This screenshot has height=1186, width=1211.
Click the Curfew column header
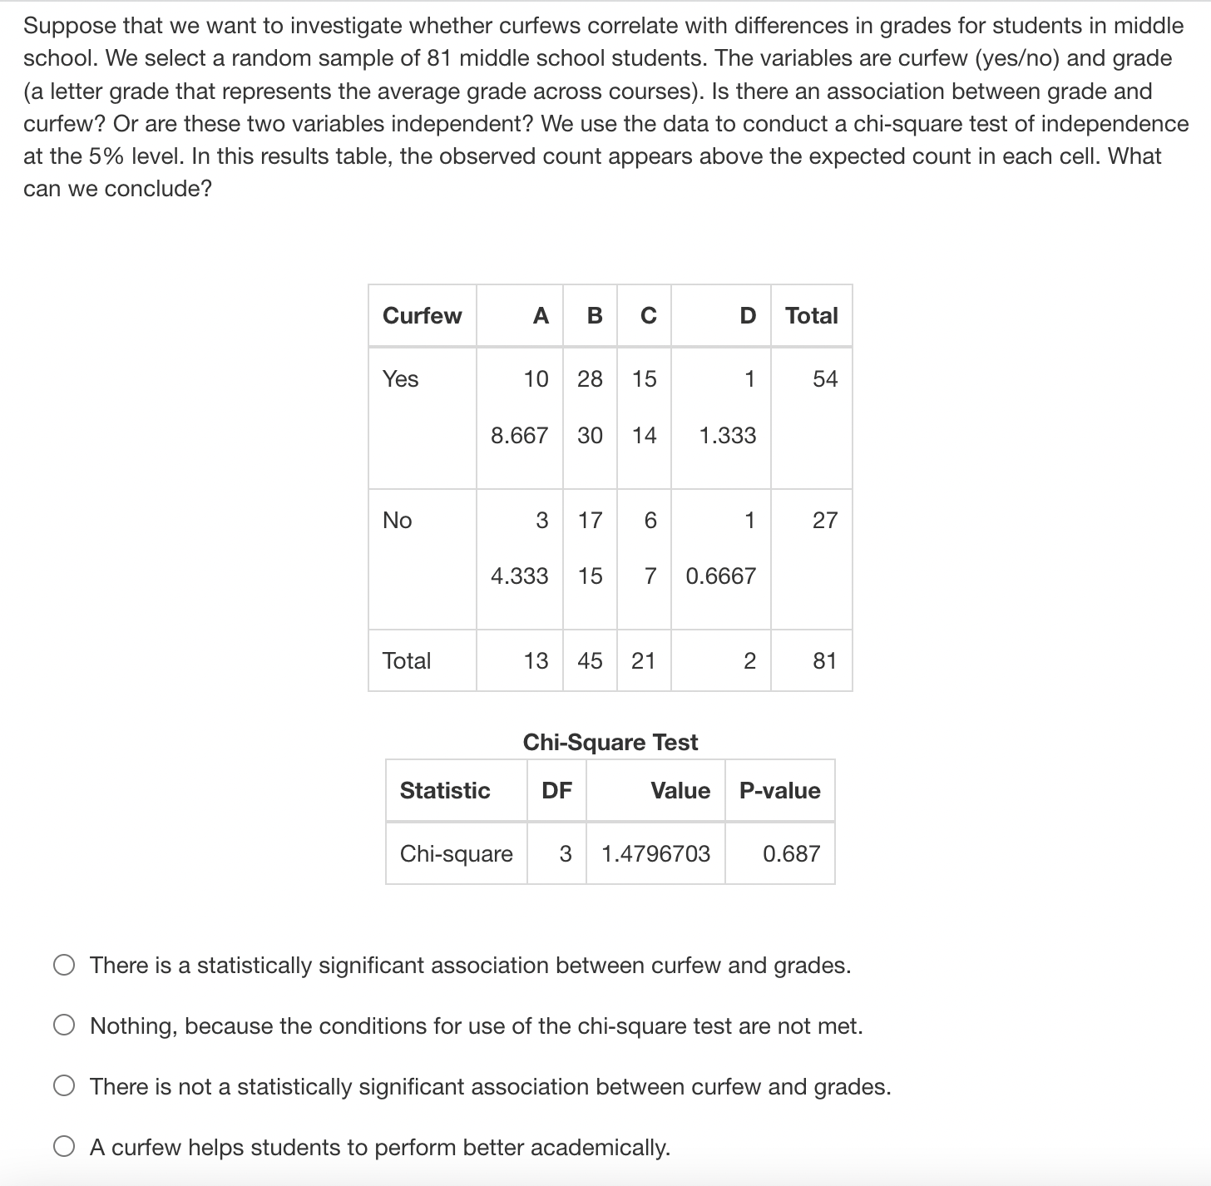[x=422, y=316]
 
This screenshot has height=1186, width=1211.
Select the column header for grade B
[x=594, y=316]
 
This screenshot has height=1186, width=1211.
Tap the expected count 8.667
[x=519, y=435]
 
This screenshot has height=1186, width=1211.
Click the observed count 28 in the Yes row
[x=590, y=379]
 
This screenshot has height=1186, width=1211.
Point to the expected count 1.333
[x=728, y=435]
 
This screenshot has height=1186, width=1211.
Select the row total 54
[x=824, y=379]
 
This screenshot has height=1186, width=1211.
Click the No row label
[x=398, y=521]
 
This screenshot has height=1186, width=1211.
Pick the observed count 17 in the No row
[x=590, y=521]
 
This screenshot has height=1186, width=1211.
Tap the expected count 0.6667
[x=720, y=576]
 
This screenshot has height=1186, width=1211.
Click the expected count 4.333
[x=519, y=576]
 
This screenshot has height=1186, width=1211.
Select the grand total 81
[x=824, y=661]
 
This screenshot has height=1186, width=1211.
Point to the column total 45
[x=590, y=661]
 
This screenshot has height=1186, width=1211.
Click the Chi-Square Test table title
[x=610, y=742]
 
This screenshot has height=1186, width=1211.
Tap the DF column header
[x=556, y=791]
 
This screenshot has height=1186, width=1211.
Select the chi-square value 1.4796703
[x=655, y=854]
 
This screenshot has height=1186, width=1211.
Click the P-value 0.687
[x=791, y=854]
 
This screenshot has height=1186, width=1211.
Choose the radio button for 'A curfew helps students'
[x=65, y=1148]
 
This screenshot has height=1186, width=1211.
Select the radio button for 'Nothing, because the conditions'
[x=65, y=1026]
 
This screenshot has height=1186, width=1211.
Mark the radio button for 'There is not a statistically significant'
[x=65, y=1087]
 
